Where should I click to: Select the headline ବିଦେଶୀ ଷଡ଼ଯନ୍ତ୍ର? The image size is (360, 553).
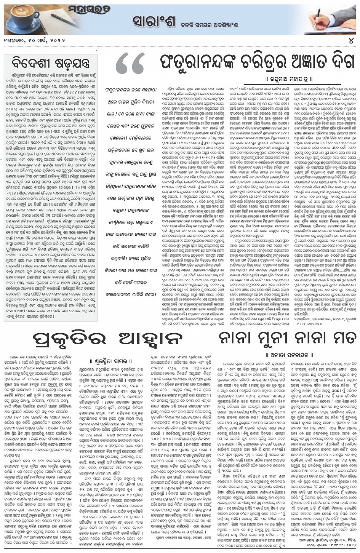[x=46, y=61]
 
